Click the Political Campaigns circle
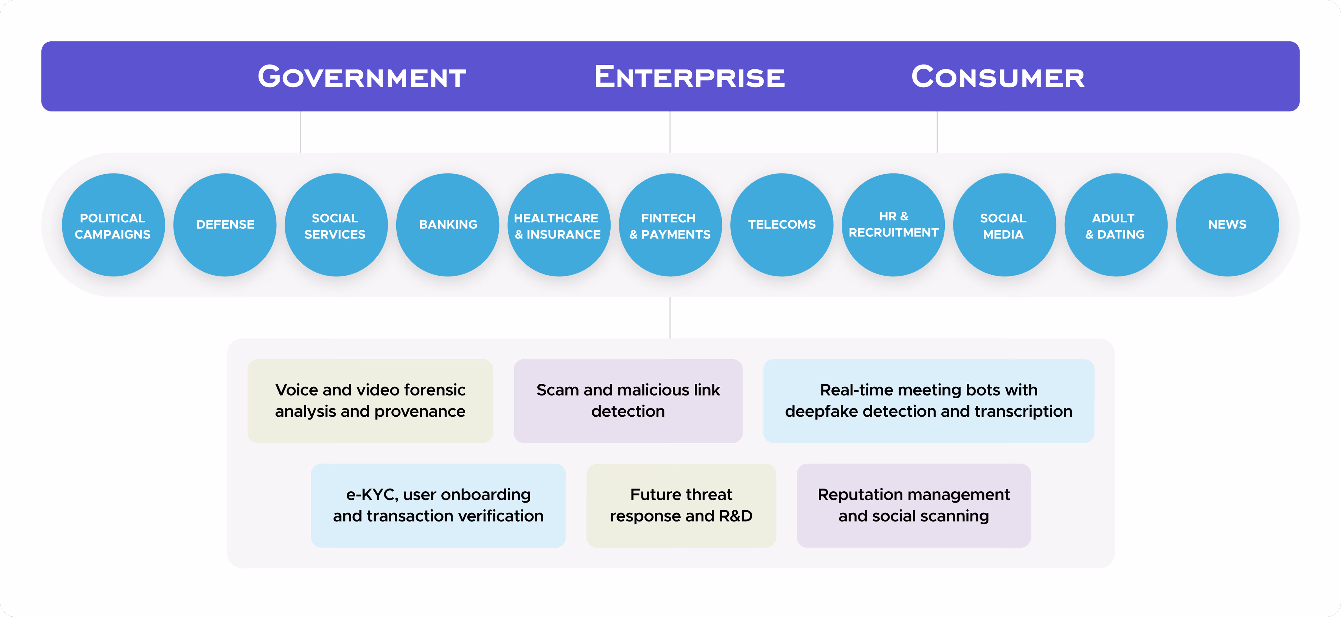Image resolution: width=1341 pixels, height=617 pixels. coord(113,225)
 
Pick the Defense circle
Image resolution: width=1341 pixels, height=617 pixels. coord(225,225)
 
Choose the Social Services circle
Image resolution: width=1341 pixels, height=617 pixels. coord(336,225)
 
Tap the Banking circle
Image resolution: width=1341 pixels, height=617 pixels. coord(448,225)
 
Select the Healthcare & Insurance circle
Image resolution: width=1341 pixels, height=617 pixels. coord(559,225)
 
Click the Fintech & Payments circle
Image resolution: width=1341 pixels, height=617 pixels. coord(670,225)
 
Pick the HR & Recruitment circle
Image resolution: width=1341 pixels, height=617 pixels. coord(893,225)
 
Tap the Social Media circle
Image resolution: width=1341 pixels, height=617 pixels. coord(1004,225)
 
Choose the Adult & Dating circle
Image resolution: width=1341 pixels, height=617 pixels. coord(1116,225)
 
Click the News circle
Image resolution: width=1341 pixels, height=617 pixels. coord(1227,225)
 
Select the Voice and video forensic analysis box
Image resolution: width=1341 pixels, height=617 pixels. coord(370,401)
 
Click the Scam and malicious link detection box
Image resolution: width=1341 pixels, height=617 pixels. coord(628,401)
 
